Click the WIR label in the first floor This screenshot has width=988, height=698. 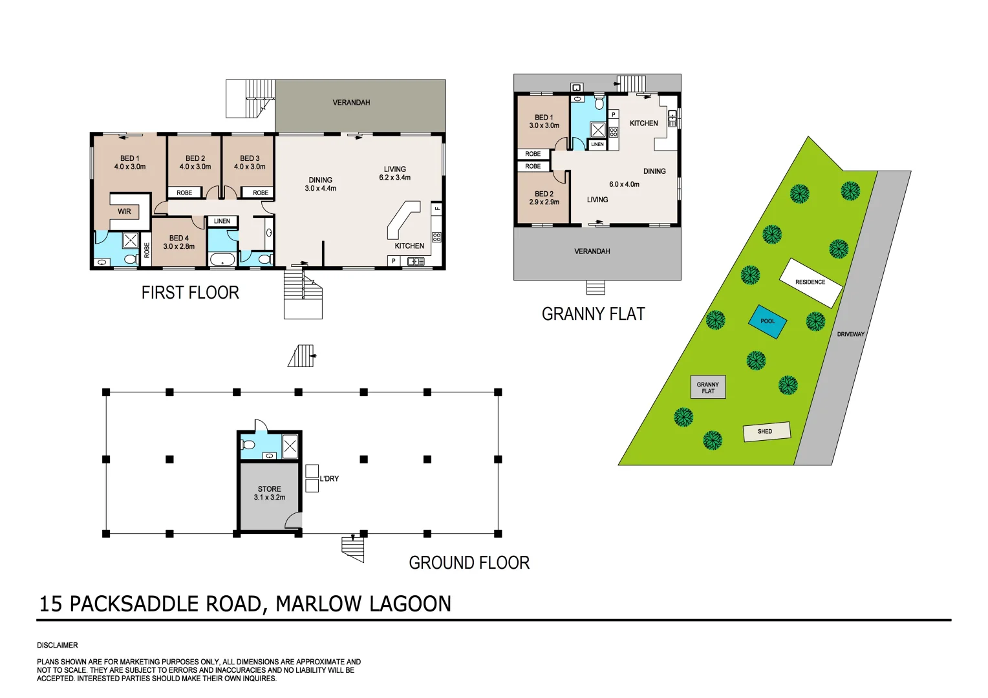pyautogui.click(x=124, y=211)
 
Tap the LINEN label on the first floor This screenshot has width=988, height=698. pyautogui.click(x=222, y=221)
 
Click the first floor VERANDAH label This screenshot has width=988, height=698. pyautogui.click(x=351, y=103)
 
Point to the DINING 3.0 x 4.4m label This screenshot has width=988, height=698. pyautogui.click(x=321, y=184)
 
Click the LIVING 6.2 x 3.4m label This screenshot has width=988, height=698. pyautogui.click(x=394, y=173)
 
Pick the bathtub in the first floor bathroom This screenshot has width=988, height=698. pyautogui.click(x=223, y=260)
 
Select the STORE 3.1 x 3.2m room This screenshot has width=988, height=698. pyautogui.click(x=270, y=494)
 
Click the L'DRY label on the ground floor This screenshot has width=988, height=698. pyautogui.click(x=329, y=479)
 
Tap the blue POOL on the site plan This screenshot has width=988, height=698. pyautogui.click(x=768, y=321)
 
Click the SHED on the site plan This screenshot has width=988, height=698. pyautogui.click(x=766, y=431)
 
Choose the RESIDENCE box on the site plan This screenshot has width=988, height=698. pyautogui.click(x=810, y=282)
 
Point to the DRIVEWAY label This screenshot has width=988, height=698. pyautogui.click(x=850, y=334)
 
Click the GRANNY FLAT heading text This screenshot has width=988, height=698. pyautogui.click(x=593, y=315)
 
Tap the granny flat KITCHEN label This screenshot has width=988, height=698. pyautogui.click(x=643, y=123)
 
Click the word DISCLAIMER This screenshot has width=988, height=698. pyautogui.click(x=58, y=646)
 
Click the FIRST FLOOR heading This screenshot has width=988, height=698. pyautogui.click(x=190, y=293)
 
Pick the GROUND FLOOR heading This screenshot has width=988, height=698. pyautogui.click(x=469, y=563)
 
